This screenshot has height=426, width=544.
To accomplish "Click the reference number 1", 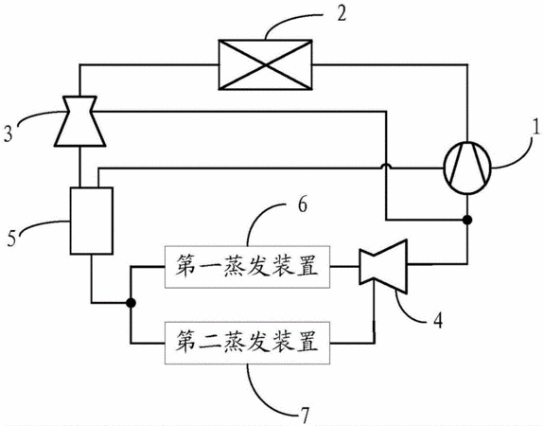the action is coord(536,128).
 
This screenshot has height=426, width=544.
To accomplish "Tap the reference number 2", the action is coord(342,14).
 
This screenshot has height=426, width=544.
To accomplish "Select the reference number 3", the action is coord(9,133).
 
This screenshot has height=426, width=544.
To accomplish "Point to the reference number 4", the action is coord(438,320).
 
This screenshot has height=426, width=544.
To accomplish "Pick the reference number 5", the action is coord(11,239).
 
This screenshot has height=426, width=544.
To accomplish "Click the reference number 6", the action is coord(303,204).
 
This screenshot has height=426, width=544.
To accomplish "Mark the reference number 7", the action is coord(304,415).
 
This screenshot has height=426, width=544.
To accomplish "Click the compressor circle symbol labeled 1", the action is coord(467,168).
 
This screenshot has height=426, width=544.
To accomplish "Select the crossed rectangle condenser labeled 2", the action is coord(265,64).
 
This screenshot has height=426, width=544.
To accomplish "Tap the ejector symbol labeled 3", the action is coord(79,121).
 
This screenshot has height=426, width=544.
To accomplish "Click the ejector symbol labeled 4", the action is coord(382,267).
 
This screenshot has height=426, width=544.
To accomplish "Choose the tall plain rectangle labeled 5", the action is coord(92,221).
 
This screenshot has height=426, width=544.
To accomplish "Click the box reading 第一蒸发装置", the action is coord(247,267).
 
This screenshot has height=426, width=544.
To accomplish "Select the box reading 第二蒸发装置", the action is coord(247,343).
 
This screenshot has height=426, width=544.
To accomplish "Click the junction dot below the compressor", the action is coord(467,220).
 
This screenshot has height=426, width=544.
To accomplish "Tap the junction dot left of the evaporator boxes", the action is coord(131,303).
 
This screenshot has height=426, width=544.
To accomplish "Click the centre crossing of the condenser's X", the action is coord(266,64).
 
